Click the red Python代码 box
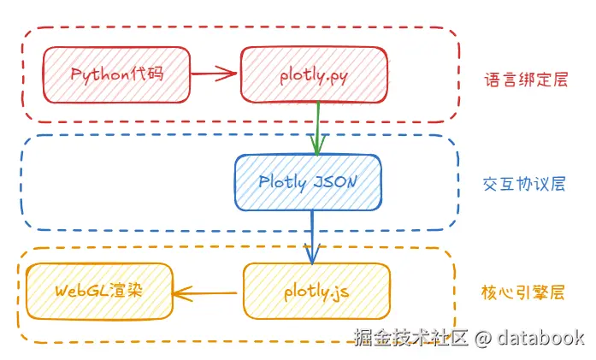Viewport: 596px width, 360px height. pyautogui.click(x=116, y=75)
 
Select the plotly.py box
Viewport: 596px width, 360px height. pyautogui.click(x=314, y=75)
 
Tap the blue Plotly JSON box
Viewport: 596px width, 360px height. pyautogui.click(x=309, y=182)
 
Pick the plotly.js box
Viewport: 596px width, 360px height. pyautogui.click(x=316, y=292)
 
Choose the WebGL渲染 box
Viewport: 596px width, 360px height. pyautogui.click(x=99, y=292)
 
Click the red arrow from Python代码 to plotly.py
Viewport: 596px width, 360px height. pyautogui.click(x=214, y=74)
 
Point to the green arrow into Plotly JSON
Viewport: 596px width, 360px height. pyautogui.click(x=318, y=128)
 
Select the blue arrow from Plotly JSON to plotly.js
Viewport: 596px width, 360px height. pyautogui.click(x=312, y=237)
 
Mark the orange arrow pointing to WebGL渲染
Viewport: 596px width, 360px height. pyautogui.click(x=204, y=293)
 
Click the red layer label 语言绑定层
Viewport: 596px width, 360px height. pyautogui.click(x=526, y=80)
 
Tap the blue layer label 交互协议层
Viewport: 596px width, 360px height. pyautogui.click(x=524, y=184)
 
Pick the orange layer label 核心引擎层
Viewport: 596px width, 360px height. pyautogui.click(x=523, y=292)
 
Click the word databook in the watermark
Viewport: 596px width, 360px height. pyautogui.click(x=540, y=337)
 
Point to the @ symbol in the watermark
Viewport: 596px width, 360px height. pyautogui.click(x=483, y=338)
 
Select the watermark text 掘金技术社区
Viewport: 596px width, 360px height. pyautogui.click(x=410, y=337)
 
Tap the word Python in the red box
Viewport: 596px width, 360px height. pyautogui.click(x=100, y=74)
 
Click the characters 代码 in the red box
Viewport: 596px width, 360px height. pyautogui.click(x=147, y=73)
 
